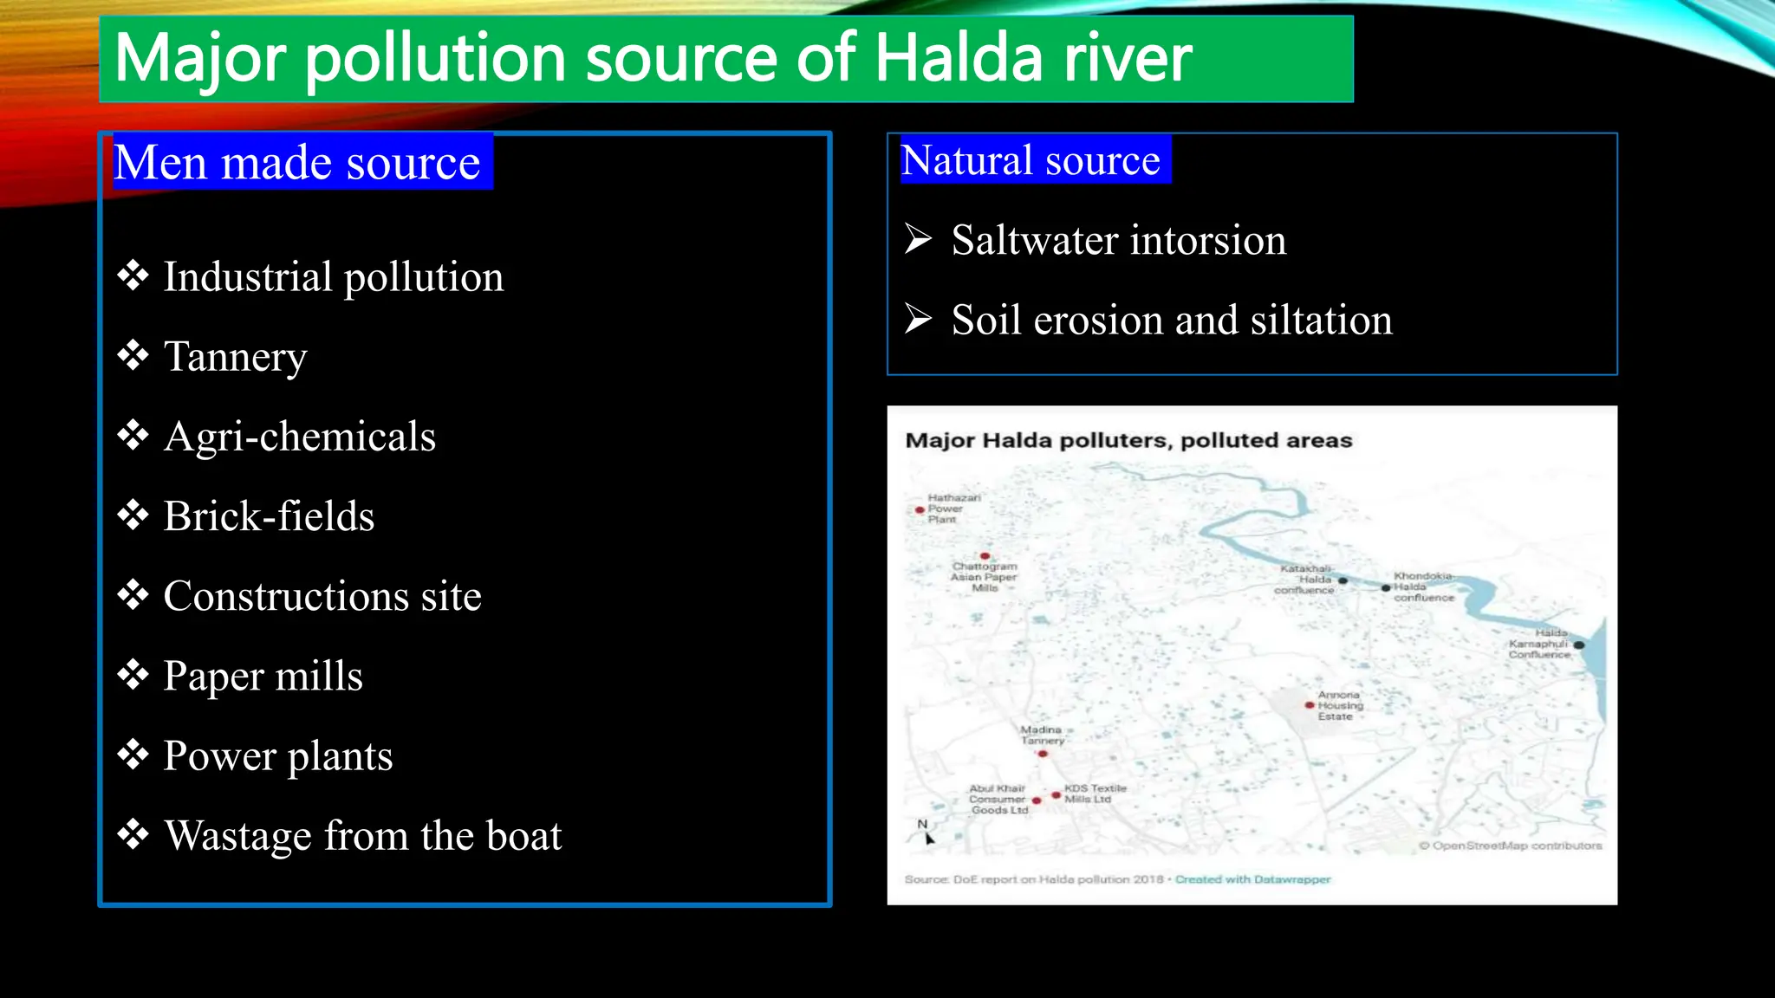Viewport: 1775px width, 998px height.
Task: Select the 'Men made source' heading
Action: click(296, 163)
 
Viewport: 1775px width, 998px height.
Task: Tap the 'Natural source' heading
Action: click(1030, 160)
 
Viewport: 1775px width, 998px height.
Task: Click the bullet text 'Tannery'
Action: click(235, 356)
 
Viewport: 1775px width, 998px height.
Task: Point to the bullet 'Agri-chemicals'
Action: click(299, 436)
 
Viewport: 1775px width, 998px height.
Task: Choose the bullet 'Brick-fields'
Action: click(269, 516)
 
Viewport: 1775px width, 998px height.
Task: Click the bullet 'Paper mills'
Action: click(263, 676)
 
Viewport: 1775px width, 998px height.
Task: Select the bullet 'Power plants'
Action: click(277, 755)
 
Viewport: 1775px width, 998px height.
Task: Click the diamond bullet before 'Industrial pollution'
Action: click(133, 275)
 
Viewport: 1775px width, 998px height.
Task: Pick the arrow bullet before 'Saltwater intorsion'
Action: click(918, 238)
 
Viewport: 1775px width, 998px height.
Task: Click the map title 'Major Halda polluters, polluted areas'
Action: click(1128, 440)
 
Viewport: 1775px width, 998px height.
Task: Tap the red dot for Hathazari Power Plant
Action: click(920, 510)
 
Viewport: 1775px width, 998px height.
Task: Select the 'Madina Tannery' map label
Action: click(1041, 736)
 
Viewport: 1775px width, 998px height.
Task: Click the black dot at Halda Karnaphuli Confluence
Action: click(1579, 645)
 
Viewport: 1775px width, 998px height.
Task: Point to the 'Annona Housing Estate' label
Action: click(1339, 706)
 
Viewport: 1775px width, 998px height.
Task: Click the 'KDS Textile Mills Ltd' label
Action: click(1095, 794)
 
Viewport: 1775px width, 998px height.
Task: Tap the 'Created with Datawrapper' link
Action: click(1252, 879)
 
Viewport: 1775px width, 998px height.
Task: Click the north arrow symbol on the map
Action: click(927, 833)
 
